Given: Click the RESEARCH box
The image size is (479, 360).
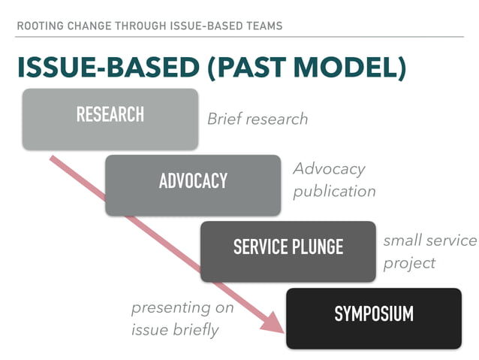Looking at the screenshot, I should click(x=110, y=117).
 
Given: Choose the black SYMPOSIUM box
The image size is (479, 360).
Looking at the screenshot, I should click(x=373, y=316).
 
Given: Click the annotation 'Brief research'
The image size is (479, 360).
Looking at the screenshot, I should click(x=258, y=119).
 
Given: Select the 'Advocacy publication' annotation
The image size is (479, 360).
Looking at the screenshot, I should click(x=334, y=180).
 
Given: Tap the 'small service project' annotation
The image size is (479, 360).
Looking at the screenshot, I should click(x=429, y=252).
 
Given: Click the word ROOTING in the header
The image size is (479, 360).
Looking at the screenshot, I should click(x=39, y=26).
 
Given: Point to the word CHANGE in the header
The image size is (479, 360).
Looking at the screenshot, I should click(x=91, y=26).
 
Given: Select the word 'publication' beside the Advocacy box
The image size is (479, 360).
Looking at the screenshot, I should click(x=334, y=191).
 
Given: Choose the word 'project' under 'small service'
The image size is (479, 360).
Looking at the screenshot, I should click(x=409, y=263).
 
